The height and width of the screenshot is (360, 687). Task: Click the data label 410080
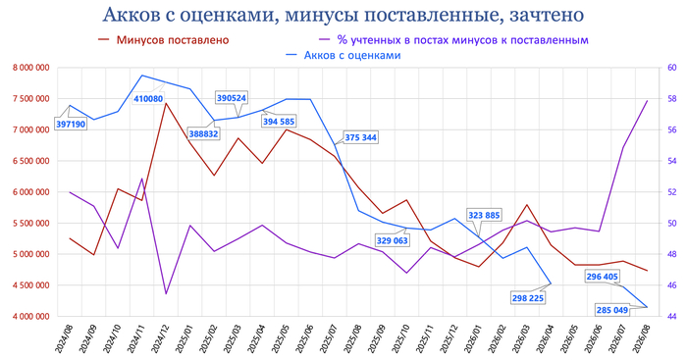coord(148,98)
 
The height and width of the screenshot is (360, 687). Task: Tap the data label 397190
coord(71,125)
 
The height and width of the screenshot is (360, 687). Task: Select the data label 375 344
coord(360,137)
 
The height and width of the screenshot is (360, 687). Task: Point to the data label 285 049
coord(612,310)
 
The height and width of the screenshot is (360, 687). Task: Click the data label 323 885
coord(484,215)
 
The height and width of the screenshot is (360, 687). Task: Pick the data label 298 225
coord(528,298)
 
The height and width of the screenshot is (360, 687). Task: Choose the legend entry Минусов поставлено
coord(164,40)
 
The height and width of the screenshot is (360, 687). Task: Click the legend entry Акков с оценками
coord(343,55)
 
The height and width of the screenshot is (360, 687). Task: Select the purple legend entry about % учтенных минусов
coord(453,40)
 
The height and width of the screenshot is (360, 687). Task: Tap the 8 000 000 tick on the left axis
coord(31,68)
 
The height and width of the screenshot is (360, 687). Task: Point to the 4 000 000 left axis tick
coord(31,316)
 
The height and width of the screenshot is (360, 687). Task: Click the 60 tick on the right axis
coord(672,68)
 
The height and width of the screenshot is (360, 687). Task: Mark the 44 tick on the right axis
coord(672,316)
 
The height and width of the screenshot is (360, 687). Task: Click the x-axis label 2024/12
coord(159,338)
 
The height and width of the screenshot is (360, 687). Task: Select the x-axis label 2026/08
coord(642,338)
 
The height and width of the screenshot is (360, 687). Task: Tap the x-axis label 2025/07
coord(328,338)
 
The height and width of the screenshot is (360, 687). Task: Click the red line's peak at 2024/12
coord(166,103)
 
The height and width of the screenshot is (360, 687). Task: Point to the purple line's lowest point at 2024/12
coord(166,294)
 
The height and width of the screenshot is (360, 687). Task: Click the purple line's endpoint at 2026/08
coord(648,101)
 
